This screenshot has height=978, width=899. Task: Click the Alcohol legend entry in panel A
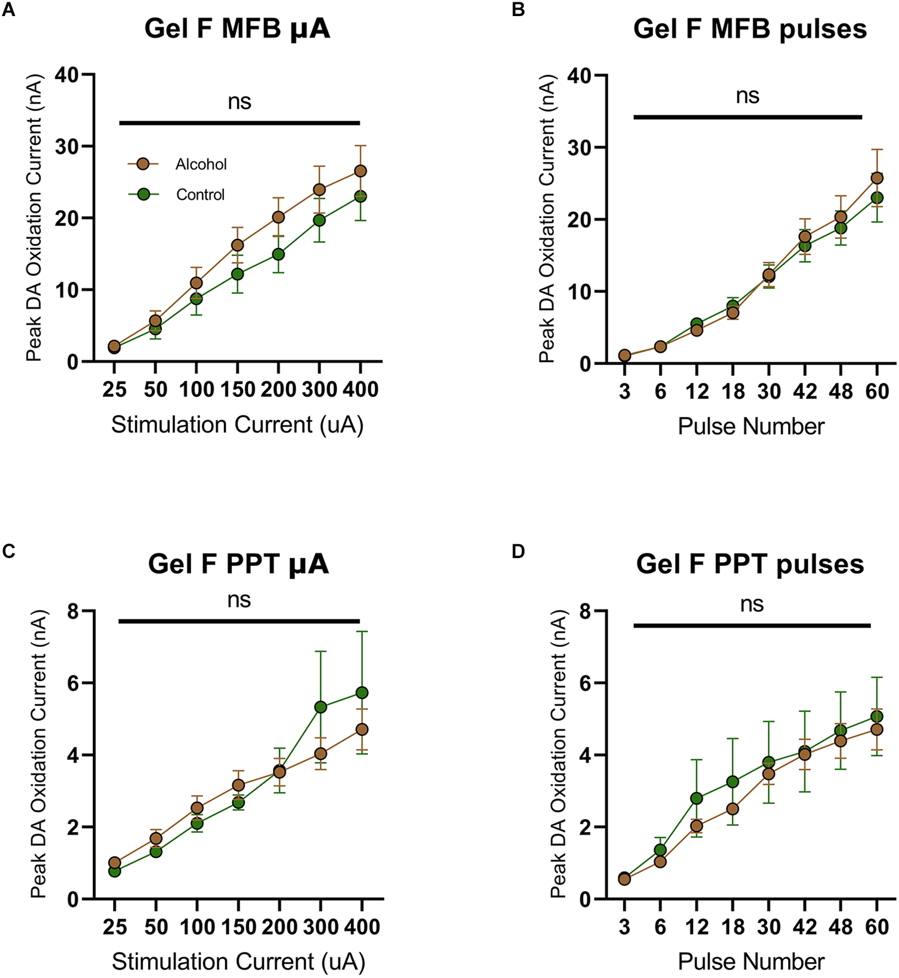point(200,164)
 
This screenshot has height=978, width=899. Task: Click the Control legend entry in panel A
point(200,195)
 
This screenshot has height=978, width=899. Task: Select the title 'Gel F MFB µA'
point(237,29)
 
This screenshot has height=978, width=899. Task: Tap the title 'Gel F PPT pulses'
point(749,563)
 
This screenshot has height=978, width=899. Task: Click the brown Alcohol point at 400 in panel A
point(360,171)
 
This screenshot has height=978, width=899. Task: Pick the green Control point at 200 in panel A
point(278,254)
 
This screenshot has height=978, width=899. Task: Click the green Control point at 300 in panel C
point(321,707)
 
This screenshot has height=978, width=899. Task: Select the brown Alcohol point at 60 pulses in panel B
point(877,178)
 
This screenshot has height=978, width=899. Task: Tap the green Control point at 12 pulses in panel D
point(696,798)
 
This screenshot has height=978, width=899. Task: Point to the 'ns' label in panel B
point(748,96)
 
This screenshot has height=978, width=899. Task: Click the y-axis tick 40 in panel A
point(67,75)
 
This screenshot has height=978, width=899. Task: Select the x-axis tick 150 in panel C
point(238,927)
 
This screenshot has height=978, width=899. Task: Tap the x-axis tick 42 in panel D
point(805,927)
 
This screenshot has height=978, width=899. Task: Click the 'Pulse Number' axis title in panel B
point(751,426)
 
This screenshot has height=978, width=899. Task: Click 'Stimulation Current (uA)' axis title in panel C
point(238,961)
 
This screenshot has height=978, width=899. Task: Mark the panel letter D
point(518,552)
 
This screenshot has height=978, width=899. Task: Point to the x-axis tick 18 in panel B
point(733,391)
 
